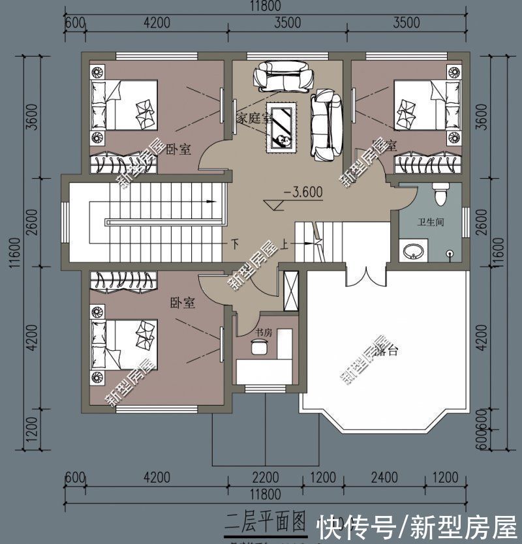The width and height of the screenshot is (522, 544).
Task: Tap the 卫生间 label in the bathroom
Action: point(431,222)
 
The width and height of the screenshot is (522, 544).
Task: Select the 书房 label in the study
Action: point(264,333)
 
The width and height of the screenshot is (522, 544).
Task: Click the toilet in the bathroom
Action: point(441,193)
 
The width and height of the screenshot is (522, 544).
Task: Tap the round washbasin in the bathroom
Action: point(412,251)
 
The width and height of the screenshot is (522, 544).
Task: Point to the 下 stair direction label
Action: point(236,244)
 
